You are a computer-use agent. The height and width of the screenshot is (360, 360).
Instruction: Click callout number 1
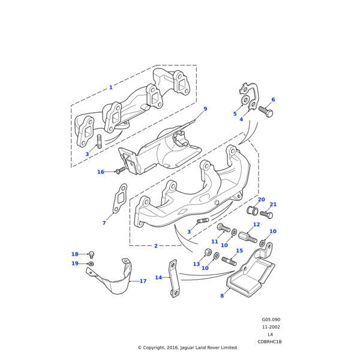(110, 88)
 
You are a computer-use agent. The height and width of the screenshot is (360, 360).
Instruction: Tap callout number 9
(205, 109)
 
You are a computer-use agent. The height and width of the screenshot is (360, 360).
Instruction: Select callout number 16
(101, 172)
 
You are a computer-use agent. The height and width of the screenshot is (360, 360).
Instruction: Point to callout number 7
(104, 223)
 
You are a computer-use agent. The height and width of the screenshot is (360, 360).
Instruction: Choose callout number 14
(158, 294)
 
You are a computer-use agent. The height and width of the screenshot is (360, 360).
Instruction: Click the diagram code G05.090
(271, 320)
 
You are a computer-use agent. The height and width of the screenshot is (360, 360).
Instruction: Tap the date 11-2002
(271, 327)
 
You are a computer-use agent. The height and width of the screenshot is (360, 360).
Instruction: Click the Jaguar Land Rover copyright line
(188, 347)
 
